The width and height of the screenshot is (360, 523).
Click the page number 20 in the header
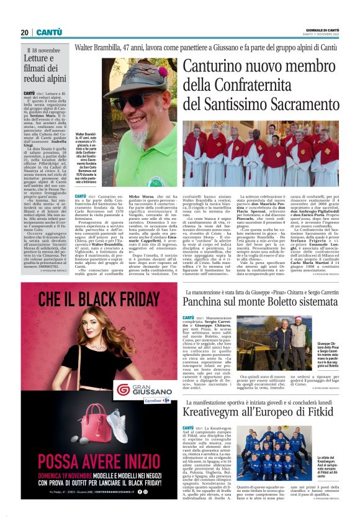point(24,32)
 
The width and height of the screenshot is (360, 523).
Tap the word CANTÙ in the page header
point(49,32)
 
